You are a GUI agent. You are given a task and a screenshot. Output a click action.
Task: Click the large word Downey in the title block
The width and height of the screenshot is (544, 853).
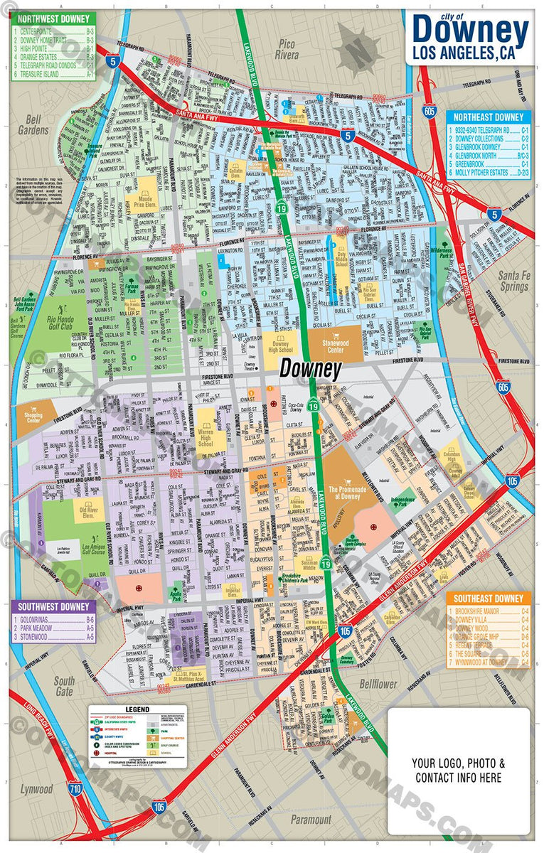470,30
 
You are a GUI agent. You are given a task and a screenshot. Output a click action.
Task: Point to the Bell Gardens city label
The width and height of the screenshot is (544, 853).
33,125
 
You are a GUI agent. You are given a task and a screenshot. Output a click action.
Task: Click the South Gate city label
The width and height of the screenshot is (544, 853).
64,685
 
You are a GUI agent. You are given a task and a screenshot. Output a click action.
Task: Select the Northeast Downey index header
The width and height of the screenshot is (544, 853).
486,117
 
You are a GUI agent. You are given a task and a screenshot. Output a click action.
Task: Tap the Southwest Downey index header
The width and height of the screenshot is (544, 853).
53,607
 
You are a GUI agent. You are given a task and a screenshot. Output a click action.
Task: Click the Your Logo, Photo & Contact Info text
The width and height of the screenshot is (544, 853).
459,771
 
